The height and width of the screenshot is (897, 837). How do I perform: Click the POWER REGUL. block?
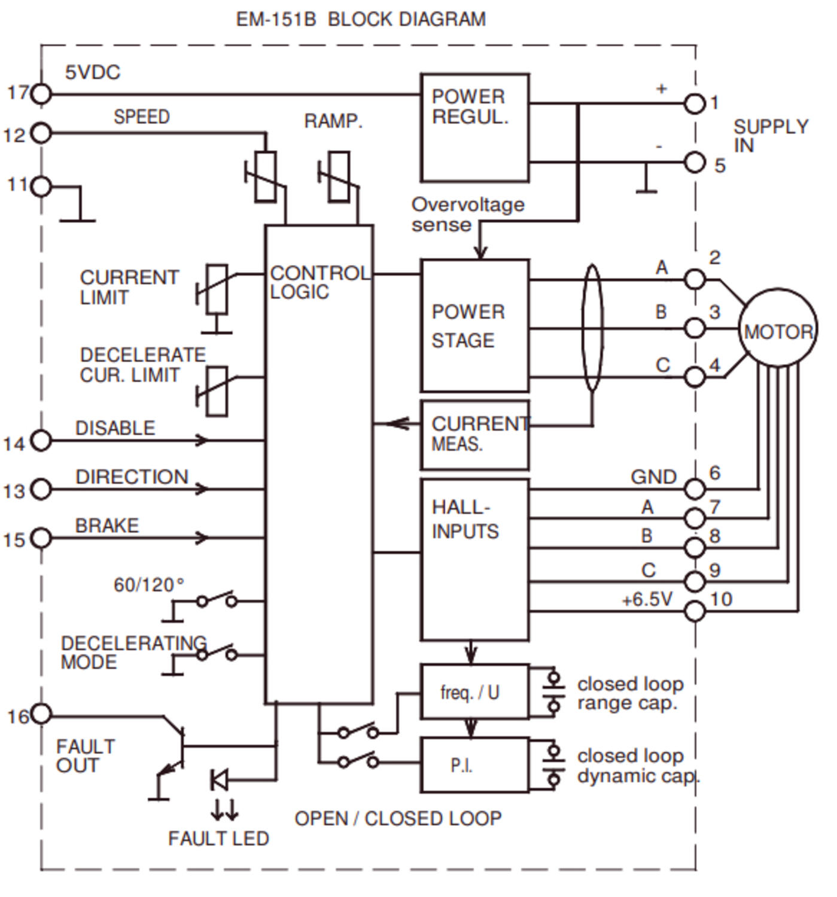(x=474, y=127)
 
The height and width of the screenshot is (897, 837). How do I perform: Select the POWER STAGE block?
(x=474, y=325)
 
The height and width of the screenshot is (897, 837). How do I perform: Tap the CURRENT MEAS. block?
(x=474, y=435)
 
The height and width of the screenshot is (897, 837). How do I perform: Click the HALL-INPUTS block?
(x=474, y=559)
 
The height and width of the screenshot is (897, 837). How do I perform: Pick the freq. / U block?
(x=474, y=691)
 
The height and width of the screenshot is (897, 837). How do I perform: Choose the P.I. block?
(x=474, y=765)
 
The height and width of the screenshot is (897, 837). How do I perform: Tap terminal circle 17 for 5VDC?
(x=41, y=94)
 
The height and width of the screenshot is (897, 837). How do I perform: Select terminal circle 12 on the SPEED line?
(x=41, y=133)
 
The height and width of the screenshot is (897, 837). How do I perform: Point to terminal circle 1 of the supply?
(x=694, y=103)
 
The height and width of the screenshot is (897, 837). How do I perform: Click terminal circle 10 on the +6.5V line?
(x=694, y=611)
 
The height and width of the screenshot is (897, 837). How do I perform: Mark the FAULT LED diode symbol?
(x=219, y=780)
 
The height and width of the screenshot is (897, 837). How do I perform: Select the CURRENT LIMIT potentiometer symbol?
(x=216, y=289)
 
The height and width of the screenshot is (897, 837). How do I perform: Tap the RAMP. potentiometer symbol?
(x=339, y=176)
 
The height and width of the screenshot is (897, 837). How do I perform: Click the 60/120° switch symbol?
(x=217, y=600)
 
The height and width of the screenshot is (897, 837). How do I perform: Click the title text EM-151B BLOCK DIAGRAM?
(x=361, y=20)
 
